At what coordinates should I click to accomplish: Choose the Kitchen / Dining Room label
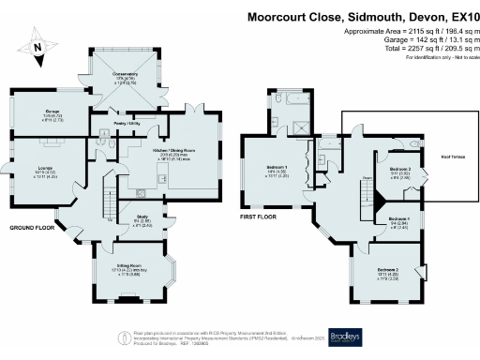coord(173,150)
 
